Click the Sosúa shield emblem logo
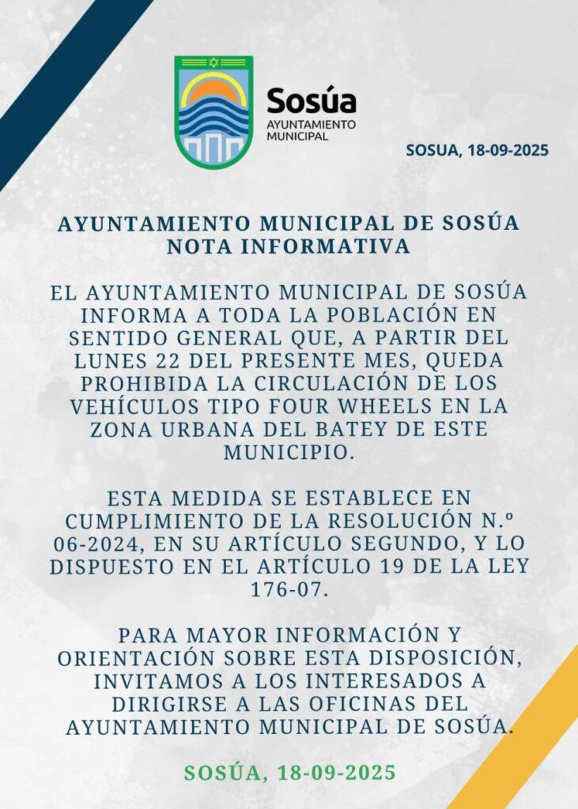pyautogui.click(x=213, y=111)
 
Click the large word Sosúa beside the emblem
pyautogui.click(x=311, y=100)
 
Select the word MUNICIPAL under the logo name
pyautogui.click(x=297, y=136)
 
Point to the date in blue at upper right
pyautogui.click(x=477, y=150)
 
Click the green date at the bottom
pyautogui.click(x=289, y=772)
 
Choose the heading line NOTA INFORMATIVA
pyautogui.click(x=289, y=246)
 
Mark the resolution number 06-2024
pyautogui.click(x=106, y=544)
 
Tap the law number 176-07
pyautogui.click(x=289, y=589)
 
